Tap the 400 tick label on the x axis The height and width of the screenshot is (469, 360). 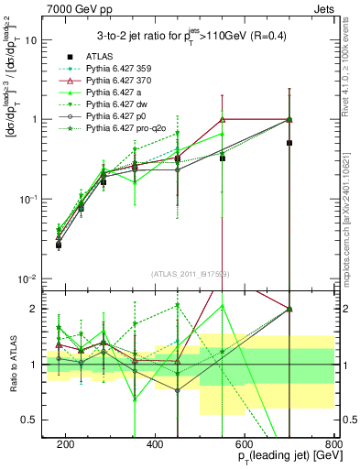coord(155,444)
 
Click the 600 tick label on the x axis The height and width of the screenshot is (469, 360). coord(245,444)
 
